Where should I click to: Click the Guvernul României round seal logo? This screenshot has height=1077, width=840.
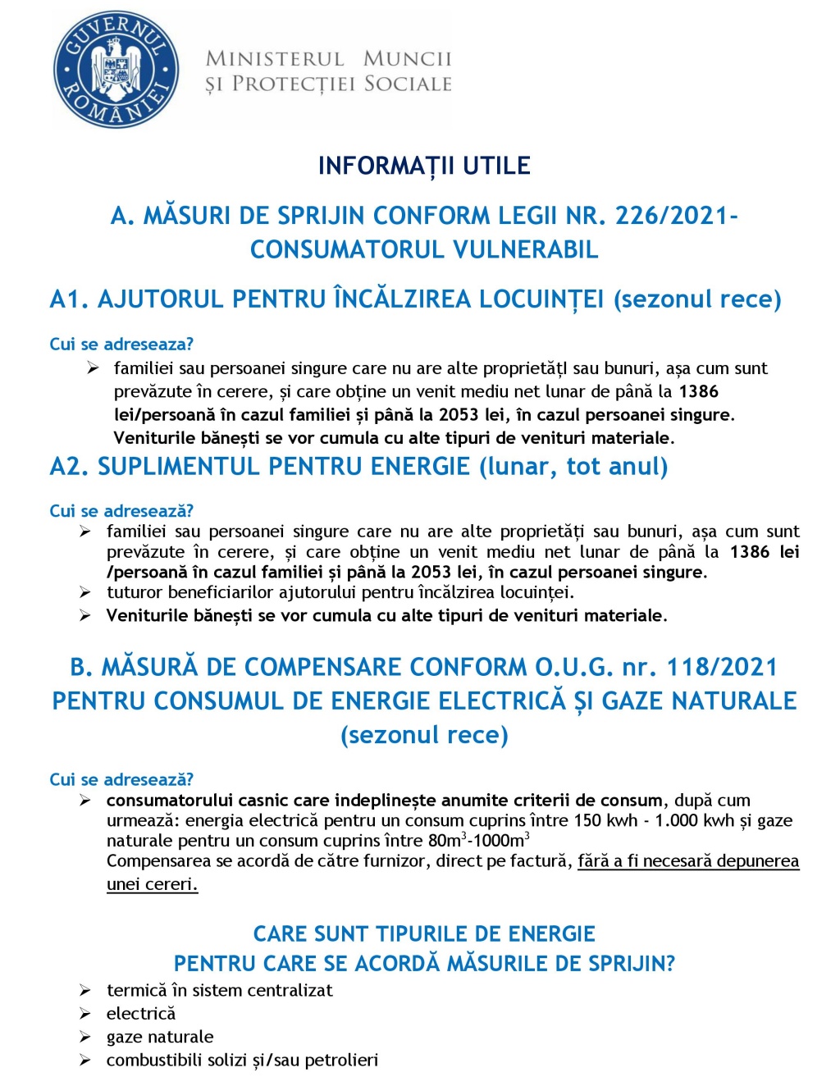point(116,70)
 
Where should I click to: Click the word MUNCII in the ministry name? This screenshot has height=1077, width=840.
point(407,59)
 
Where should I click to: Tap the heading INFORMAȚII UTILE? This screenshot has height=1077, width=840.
point(424,166)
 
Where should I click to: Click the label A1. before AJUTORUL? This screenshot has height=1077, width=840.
point(69,299)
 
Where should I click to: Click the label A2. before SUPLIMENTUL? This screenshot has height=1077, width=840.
point(69,467)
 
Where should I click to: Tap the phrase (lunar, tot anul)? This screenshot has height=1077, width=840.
point(573,467)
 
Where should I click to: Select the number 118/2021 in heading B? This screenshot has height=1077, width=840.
point(722,667)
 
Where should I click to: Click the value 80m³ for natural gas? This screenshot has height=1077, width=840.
point(447,840)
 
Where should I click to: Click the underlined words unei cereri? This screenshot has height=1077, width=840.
point(152,884)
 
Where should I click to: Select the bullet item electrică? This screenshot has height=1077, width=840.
point(141,1014)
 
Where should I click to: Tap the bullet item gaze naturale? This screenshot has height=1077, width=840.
point(160,1037)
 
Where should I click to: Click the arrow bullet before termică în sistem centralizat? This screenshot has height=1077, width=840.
point(85,991)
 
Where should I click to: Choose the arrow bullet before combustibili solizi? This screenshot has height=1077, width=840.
point(85,1061)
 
